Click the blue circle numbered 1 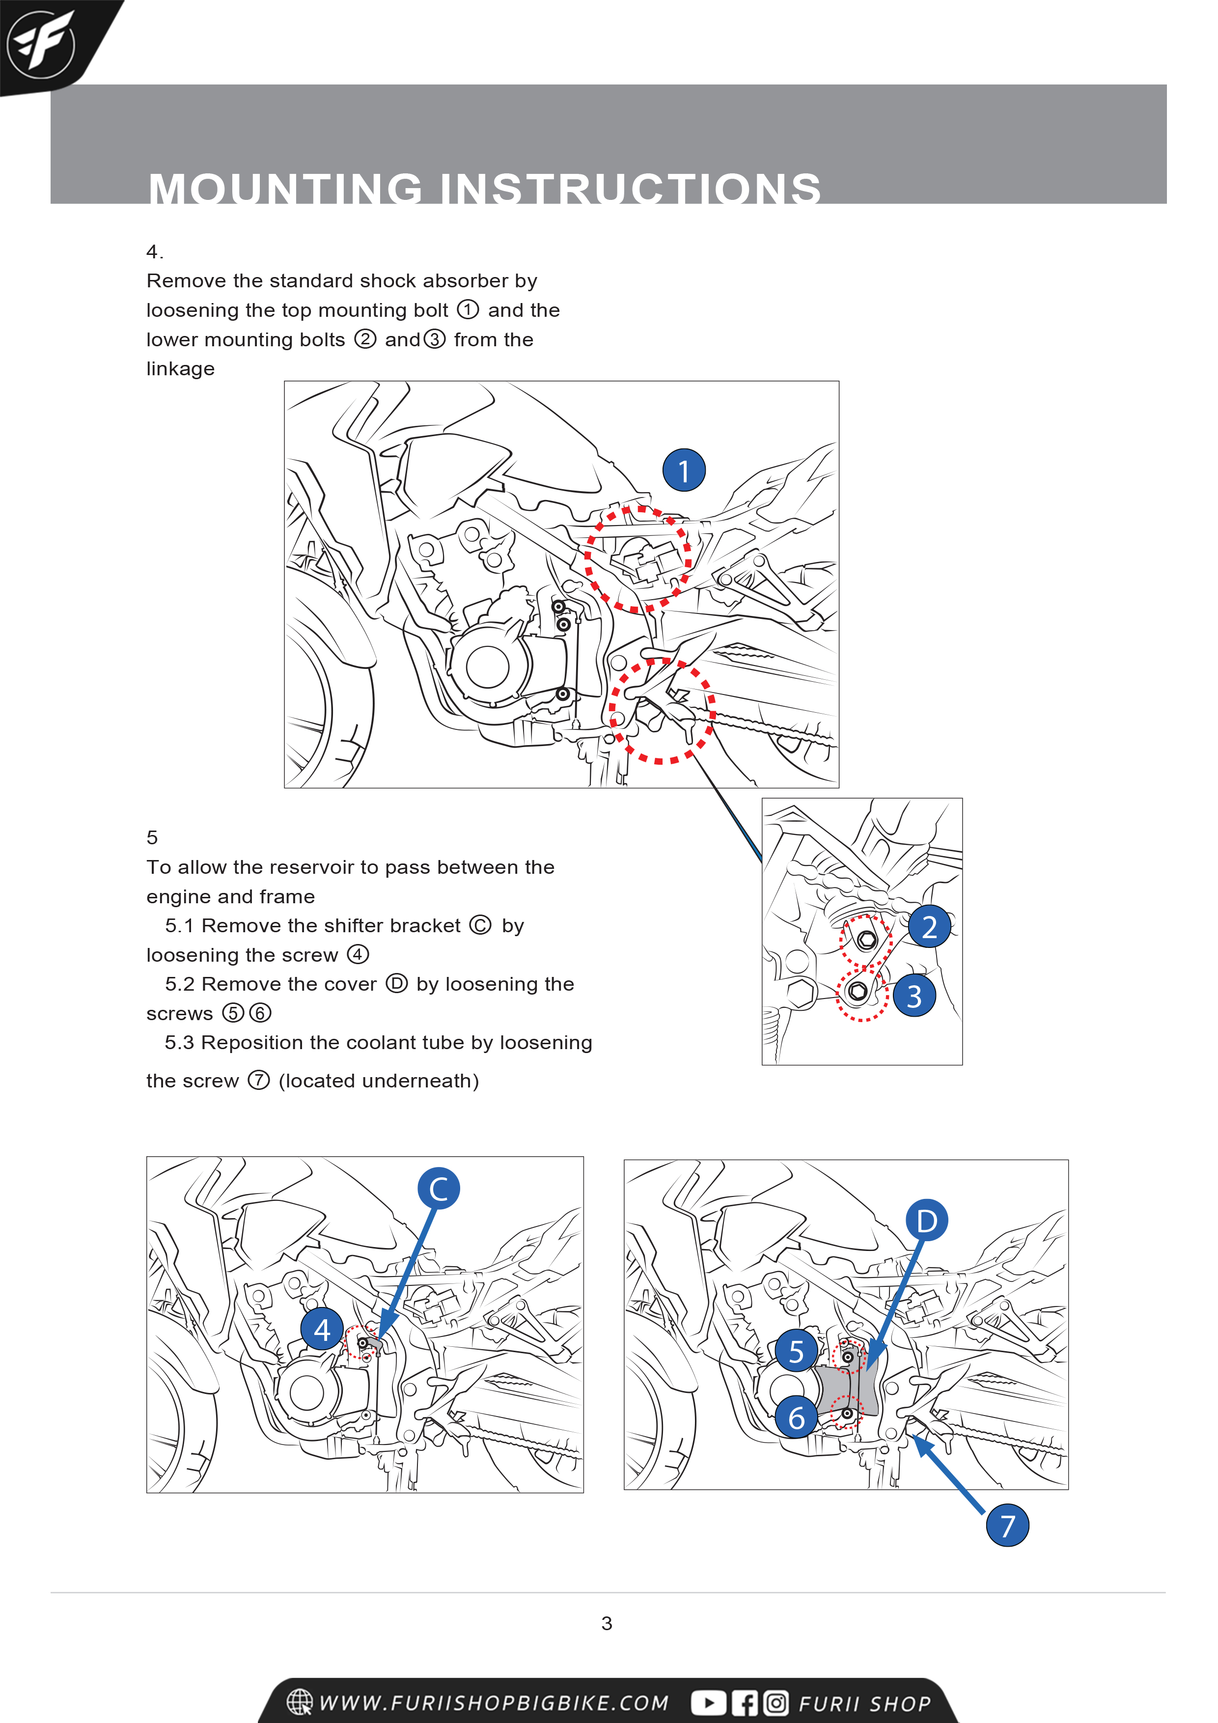pyautogui.click(x=683, y=471)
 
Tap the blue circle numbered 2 pyautogui.click(x=929, y=927)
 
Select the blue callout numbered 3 pyautogui.click(x=914, y=996)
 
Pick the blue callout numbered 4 pyautogui.click(x=322, y=1330)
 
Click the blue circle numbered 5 pyautogui.click(x=796, y=1351)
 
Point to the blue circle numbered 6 pyautogui.click(x=796, y=1417)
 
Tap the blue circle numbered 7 pyautogui.click(x=1007, y=1526)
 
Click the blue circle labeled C pyautogui.click(x=438, y=1189)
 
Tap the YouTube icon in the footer pyautogui.click(x=708, y=1703)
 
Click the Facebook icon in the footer pyautogui.click(x=745, y=1703)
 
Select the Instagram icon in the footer pyautogui.click(x=776, y=1703)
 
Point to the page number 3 pyautogui.click(x=607, y=1623)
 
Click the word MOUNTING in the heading pyautogui.click(x=286, y=189)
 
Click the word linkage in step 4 pyautogui.click(x=180, y=368)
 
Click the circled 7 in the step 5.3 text pyautogui.click(x=258, y=1081)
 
